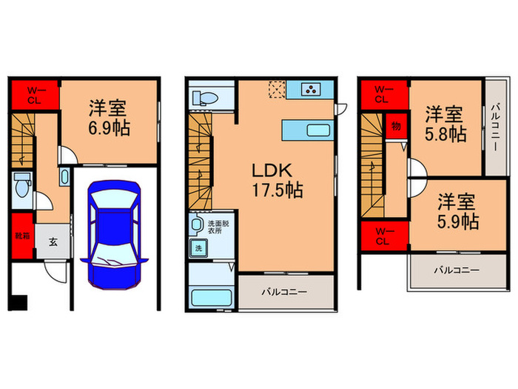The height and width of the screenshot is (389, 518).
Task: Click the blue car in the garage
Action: [x=112, y=234]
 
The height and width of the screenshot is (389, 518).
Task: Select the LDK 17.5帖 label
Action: [x=274, y=179]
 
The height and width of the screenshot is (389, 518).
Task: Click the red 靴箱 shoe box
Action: [x=22, y=235]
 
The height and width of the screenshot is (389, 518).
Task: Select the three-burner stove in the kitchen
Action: [x=312, y=90]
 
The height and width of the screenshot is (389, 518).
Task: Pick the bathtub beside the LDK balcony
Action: [x=211, y=298]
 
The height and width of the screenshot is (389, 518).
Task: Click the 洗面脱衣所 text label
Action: [x=218, y=227]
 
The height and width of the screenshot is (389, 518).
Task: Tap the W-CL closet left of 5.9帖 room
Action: [x=381, y=236]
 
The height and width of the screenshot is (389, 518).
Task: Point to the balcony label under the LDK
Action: [x=283, y=292]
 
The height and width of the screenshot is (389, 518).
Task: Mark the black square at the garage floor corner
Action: [x=18, y=303]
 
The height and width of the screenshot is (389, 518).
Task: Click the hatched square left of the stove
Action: [x=277, y=90]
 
